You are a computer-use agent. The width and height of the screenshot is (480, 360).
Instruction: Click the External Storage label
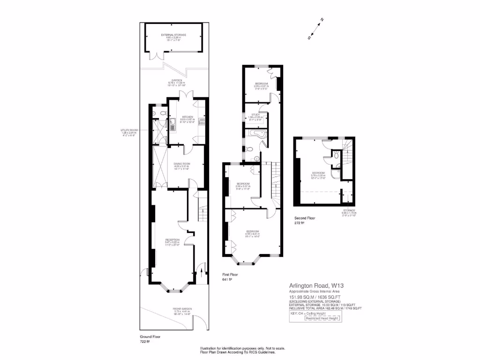click(x=173, y=35)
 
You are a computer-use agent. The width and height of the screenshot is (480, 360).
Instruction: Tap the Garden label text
click(x=177, y=81)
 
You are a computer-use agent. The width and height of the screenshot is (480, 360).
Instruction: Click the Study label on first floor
click(x=255, y=114)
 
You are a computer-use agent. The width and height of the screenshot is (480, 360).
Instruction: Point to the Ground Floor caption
click(x=150, y=337)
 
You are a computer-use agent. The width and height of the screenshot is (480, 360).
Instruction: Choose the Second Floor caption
click(x=305, y=218)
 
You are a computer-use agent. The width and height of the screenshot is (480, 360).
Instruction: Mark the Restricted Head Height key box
click(x=323, y=318)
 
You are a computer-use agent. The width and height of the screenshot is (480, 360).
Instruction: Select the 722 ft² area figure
click(x=144, y=342)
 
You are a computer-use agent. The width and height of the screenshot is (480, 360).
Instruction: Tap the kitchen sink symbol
click(x=172, y=125)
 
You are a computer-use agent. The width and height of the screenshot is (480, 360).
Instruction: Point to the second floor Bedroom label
click(x=318, y=173)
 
